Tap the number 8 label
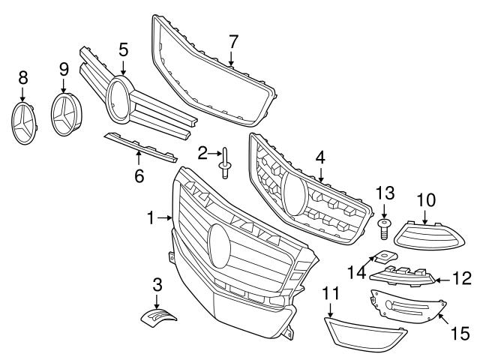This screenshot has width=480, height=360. click(x=22, y=77)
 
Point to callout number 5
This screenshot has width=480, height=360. click(x=124, y=49)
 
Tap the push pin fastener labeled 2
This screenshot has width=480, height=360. click(x=224, y=163)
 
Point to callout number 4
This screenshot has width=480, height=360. click(x=320, y=158)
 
